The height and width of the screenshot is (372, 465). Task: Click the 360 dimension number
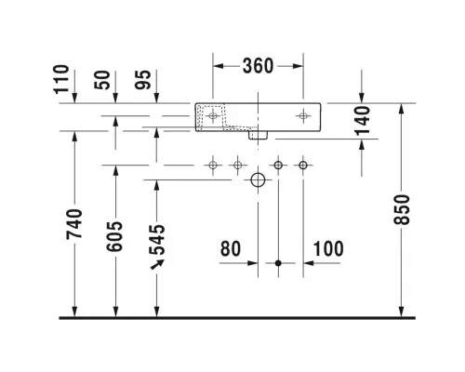tap(258, 66)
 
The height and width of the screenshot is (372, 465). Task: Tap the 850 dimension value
tap(402, 209)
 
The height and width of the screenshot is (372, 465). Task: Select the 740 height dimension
tap(74, 224)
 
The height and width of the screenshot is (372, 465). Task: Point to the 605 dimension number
tap(114, 236)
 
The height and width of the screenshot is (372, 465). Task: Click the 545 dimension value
tap(157, 240)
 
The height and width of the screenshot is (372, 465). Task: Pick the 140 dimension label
tap(362, 121)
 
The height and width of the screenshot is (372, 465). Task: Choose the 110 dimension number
tap(61, 79)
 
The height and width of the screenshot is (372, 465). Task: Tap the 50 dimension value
tap(102, 80)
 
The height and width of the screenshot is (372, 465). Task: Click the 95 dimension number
tap(143, 80)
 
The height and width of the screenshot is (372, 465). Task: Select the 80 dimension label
tap(231, 248)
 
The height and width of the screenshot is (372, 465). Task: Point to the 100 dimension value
tap(328, 248)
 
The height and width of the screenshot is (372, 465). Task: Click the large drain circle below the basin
tap(258, 179)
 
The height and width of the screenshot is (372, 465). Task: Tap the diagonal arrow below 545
tap(157, 264)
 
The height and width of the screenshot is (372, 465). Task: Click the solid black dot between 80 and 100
tap(278, 263)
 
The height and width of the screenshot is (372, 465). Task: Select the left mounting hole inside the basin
tap(213, 116)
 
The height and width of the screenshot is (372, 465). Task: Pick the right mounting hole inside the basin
tap(303, 116)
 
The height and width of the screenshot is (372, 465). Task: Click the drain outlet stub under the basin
tap(258, 135)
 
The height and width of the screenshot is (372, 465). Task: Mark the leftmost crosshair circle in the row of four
tap(213, 166)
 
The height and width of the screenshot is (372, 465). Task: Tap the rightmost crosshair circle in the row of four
tap(303, 166)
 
